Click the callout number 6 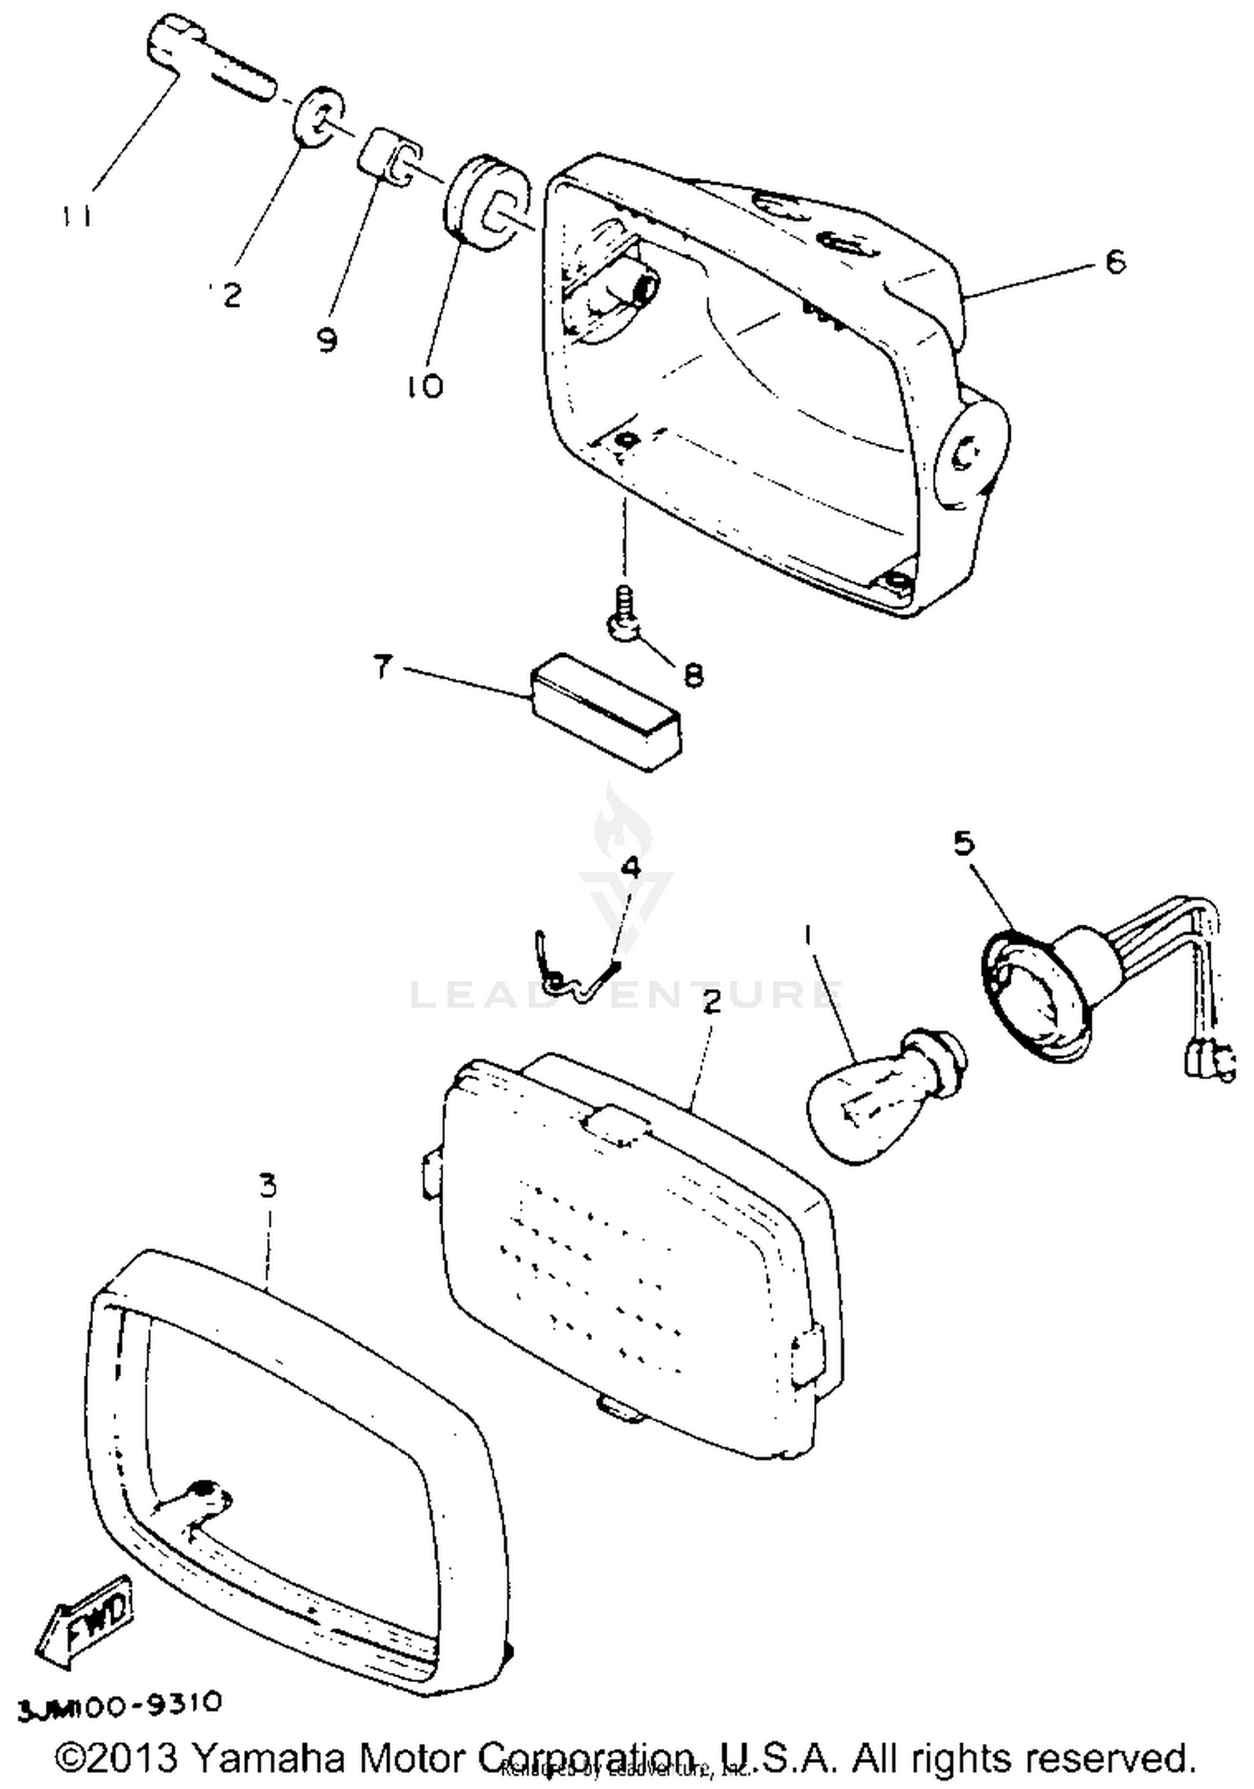1114,262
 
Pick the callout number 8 693,674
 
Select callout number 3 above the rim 268,1185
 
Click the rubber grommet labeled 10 485,202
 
